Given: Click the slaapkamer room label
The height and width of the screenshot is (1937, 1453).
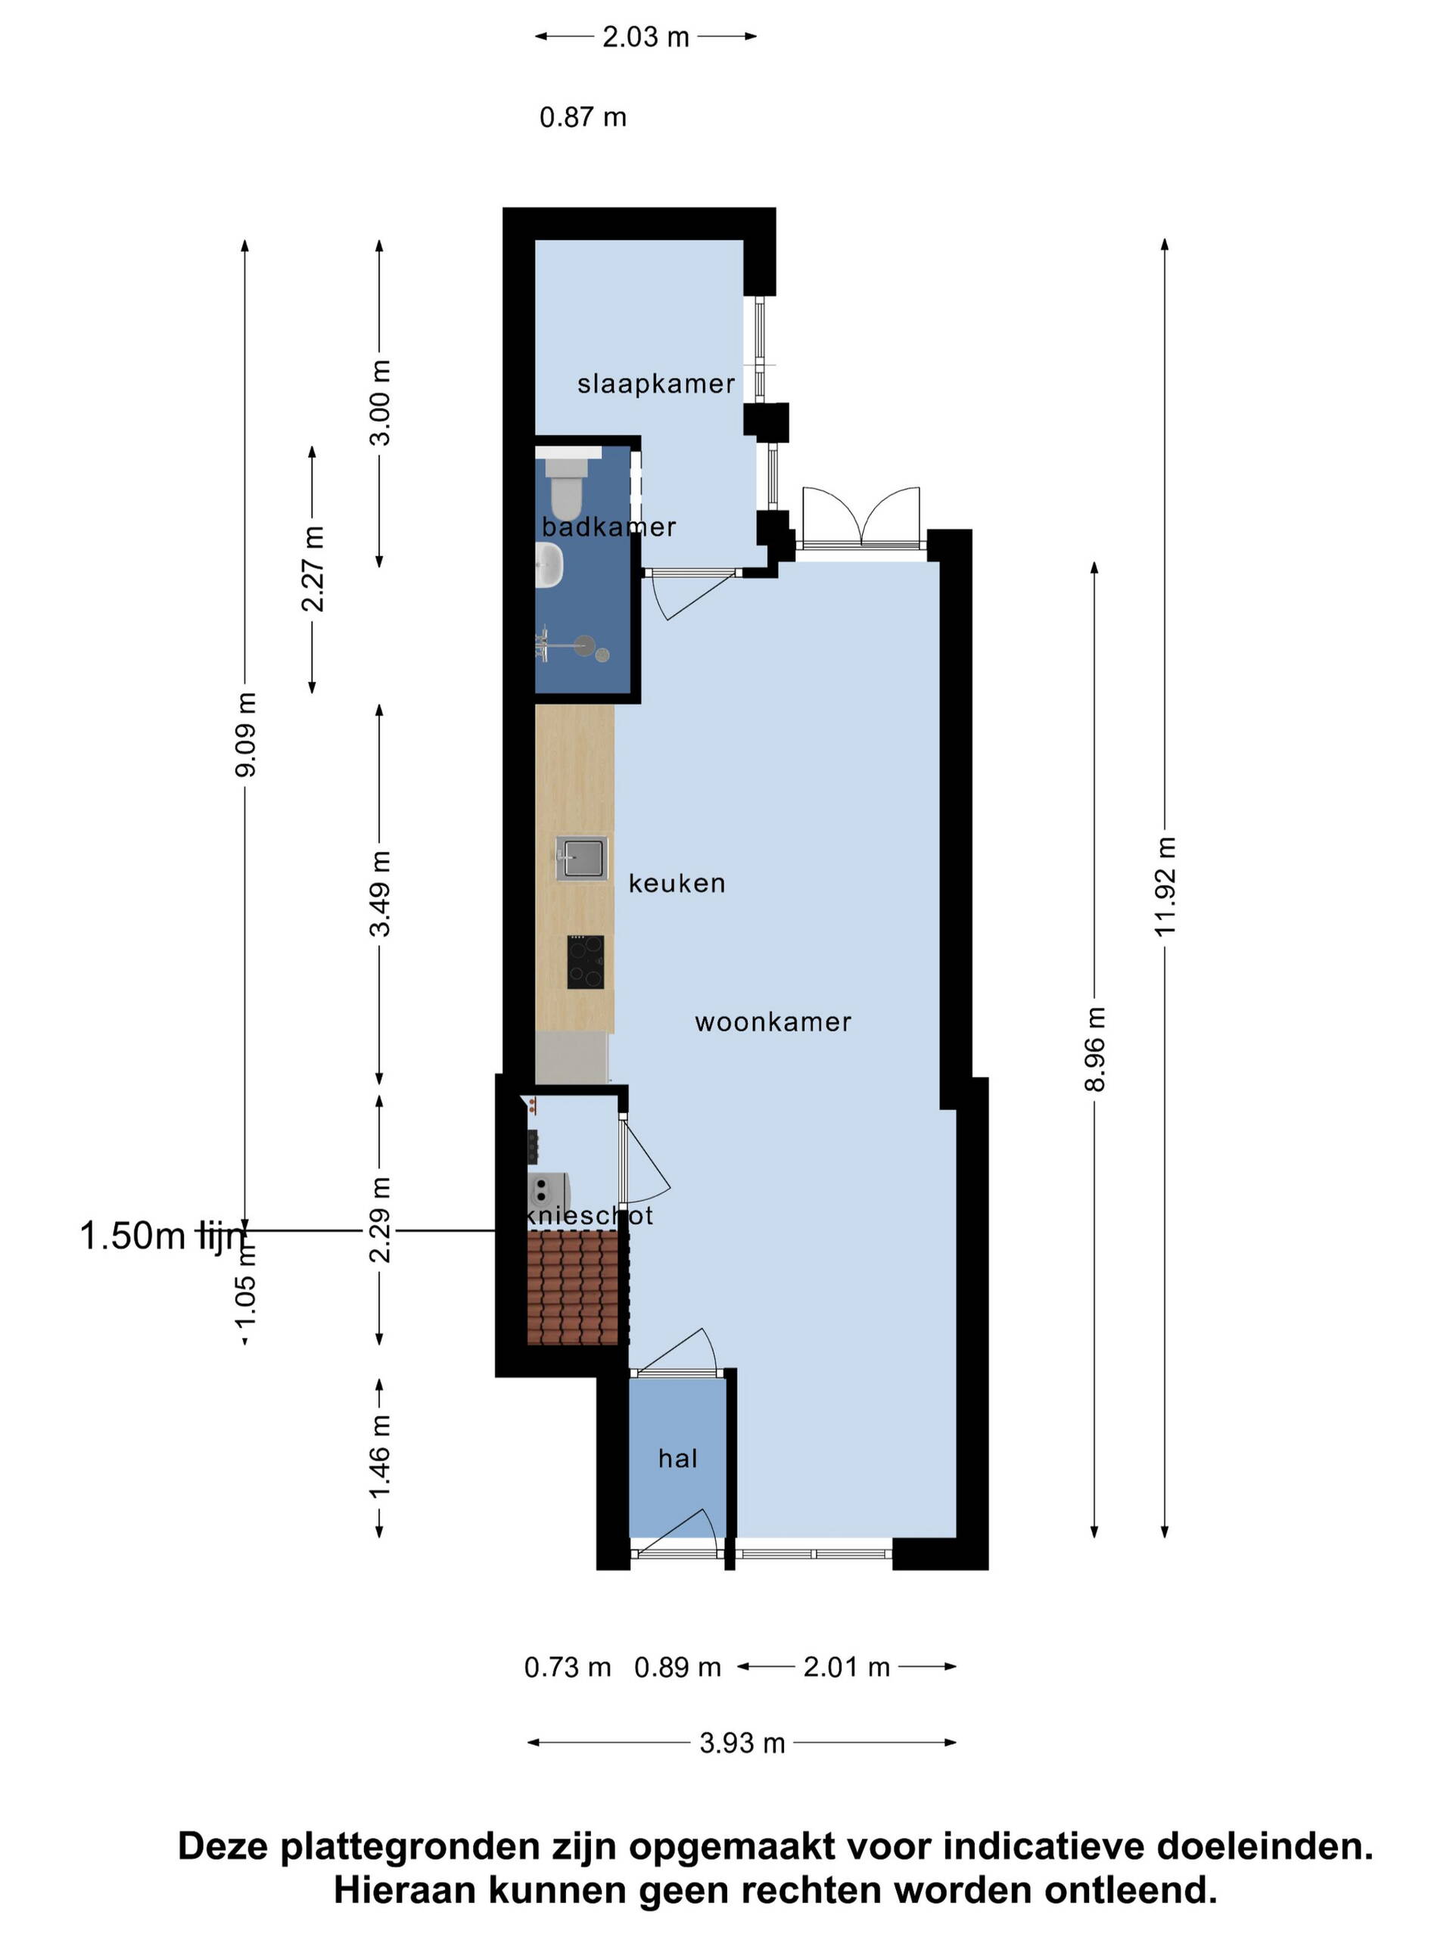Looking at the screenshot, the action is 655,384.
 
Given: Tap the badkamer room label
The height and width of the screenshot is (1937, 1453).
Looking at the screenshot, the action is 608,527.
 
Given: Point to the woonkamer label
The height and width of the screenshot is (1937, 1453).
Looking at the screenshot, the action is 773,1022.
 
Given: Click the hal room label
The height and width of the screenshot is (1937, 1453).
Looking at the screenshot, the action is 678,1459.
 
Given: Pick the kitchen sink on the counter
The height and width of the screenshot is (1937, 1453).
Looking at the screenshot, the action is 581,858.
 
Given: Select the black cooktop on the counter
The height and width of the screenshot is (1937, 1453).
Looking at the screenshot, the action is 585,962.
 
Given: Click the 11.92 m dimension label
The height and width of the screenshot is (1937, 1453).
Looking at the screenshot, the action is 1165,886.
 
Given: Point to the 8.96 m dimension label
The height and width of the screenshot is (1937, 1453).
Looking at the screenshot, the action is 1095,1049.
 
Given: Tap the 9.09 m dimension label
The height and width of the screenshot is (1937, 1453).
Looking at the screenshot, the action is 245,734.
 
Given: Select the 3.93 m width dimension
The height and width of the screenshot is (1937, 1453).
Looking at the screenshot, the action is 742,1743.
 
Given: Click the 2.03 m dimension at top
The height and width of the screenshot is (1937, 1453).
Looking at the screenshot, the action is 646,37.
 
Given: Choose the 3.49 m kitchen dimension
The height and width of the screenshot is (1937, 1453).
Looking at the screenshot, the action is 379,893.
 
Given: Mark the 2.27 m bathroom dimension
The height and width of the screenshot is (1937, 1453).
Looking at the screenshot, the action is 312,568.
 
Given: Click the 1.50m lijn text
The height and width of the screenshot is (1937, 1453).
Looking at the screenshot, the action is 163,1236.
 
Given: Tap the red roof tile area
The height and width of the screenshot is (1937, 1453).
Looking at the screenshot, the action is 573,1287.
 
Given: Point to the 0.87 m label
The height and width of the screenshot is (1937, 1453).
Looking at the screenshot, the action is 583,117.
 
